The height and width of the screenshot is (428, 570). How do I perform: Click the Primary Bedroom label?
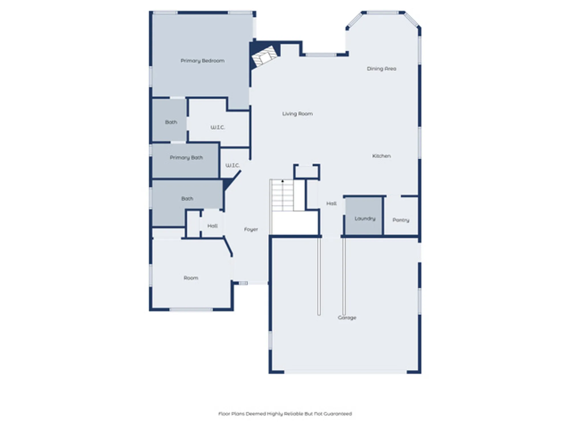202,61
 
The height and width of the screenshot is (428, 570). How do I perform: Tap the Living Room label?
297,114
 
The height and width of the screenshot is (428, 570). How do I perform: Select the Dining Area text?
381,69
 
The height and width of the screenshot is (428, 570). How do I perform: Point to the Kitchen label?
381,156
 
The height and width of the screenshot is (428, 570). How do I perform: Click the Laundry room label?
365,219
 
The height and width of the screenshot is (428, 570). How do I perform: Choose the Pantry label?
401,220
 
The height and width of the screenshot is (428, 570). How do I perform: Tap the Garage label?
347,318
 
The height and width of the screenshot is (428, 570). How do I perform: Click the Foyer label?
251,229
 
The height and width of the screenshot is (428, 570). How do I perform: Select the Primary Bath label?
186,158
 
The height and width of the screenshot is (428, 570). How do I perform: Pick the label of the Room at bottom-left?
191,278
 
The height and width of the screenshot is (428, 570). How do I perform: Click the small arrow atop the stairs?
282,181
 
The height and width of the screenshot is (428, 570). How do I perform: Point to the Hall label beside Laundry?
331,203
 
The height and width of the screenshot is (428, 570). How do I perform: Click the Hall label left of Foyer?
212,226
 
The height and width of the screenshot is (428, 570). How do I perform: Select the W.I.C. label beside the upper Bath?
218,127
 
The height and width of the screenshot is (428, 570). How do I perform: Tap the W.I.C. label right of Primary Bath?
233,165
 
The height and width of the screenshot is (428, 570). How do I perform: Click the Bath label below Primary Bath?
187,199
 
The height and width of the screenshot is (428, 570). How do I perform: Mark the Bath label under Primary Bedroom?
171,122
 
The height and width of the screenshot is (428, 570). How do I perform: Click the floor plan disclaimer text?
285,414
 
